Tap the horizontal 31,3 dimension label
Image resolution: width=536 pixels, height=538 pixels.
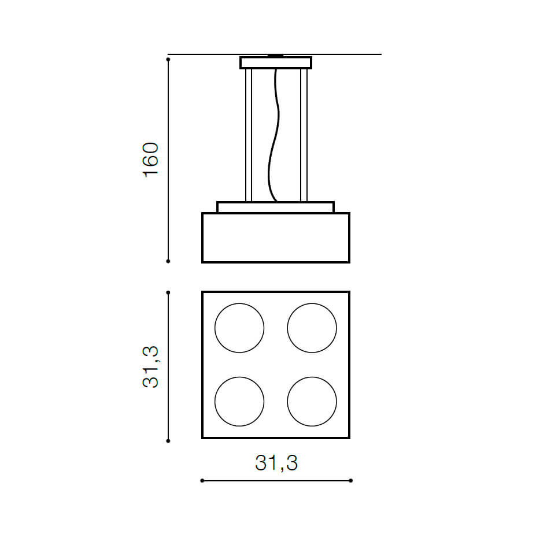[x=276, y=463]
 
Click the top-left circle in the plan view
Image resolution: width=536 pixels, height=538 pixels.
[x=239, y=328]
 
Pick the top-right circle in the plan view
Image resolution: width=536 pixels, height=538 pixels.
[x=312, y=328]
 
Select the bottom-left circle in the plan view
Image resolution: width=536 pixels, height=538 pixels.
[x=239, y=401]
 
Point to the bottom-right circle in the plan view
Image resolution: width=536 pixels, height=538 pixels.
[x=312, y=401]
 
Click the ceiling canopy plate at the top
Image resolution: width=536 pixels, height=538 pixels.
[x=276, y=62]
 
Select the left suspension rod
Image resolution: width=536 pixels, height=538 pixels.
[x=249, y=135]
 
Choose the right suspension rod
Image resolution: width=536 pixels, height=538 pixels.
[x=304, y=135]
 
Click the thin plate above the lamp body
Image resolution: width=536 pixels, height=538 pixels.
[x=276, y=207]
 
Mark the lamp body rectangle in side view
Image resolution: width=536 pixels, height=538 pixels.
[x=276, y=238]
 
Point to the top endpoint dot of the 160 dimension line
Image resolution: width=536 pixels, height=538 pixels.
[x=168, y=59]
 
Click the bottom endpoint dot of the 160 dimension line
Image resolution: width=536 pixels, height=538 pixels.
[x=168, y=261]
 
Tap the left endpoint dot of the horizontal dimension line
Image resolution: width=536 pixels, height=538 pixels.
[x=202, y=481]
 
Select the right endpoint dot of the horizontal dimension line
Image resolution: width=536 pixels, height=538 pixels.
[x=351, y=481]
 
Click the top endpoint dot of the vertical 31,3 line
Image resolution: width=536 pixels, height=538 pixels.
[x=168, y=292]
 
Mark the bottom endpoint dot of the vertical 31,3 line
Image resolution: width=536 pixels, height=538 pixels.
[x=168, y=441]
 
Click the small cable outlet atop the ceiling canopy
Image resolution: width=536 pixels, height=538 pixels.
[x=276, y=55]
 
